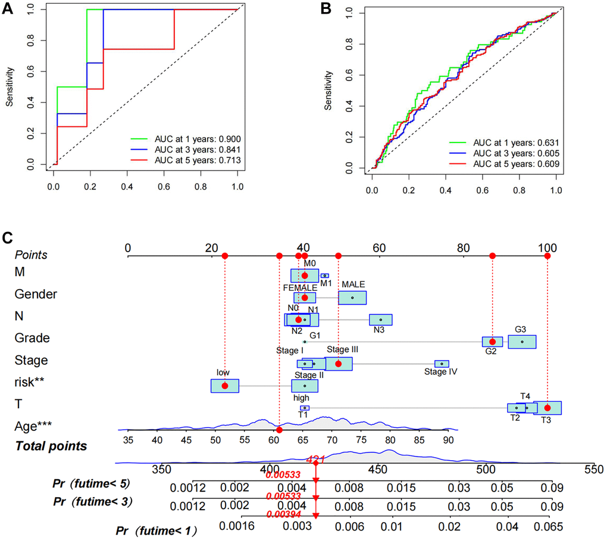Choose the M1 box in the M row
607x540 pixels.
324,275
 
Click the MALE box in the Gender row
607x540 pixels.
352,297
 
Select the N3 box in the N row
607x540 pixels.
380,320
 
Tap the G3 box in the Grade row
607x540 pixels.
522,342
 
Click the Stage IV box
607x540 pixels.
442,364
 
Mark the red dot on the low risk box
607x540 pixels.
224,386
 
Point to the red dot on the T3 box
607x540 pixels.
547,408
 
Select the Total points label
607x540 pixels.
51,446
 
